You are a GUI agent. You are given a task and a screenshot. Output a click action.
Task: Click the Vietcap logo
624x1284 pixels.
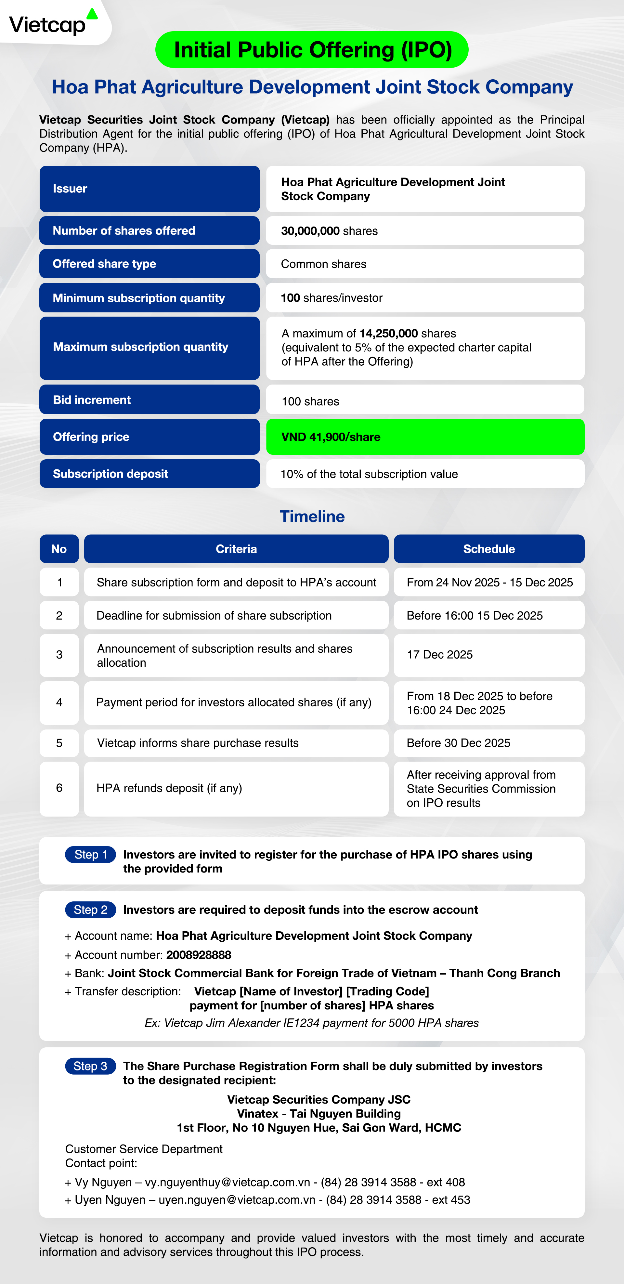pos(52,23)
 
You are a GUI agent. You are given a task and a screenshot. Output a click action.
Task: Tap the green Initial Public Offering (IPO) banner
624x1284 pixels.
pos(312,50)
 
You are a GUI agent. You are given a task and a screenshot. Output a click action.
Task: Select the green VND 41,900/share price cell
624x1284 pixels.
pos(425,437)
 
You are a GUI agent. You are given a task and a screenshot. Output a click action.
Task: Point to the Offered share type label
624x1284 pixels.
pos(105,264)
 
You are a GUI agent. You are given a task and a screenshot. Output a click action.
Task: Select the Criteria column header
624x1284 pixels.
pos(236,549)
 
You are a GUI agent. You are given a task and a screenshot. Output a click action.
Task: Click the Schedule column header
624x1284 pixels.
pos(489,549)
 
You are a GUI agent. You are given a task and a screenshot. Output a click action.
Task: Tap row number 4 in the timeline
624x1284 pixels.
pos(59,702)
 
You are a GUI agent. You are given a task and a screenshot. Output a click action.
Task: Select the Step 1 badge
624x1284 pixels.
pos(91,854)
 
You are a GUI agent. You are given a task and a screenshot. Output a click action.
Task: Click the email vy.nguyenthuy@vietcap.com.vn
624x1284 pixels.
pos(228,1182)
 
